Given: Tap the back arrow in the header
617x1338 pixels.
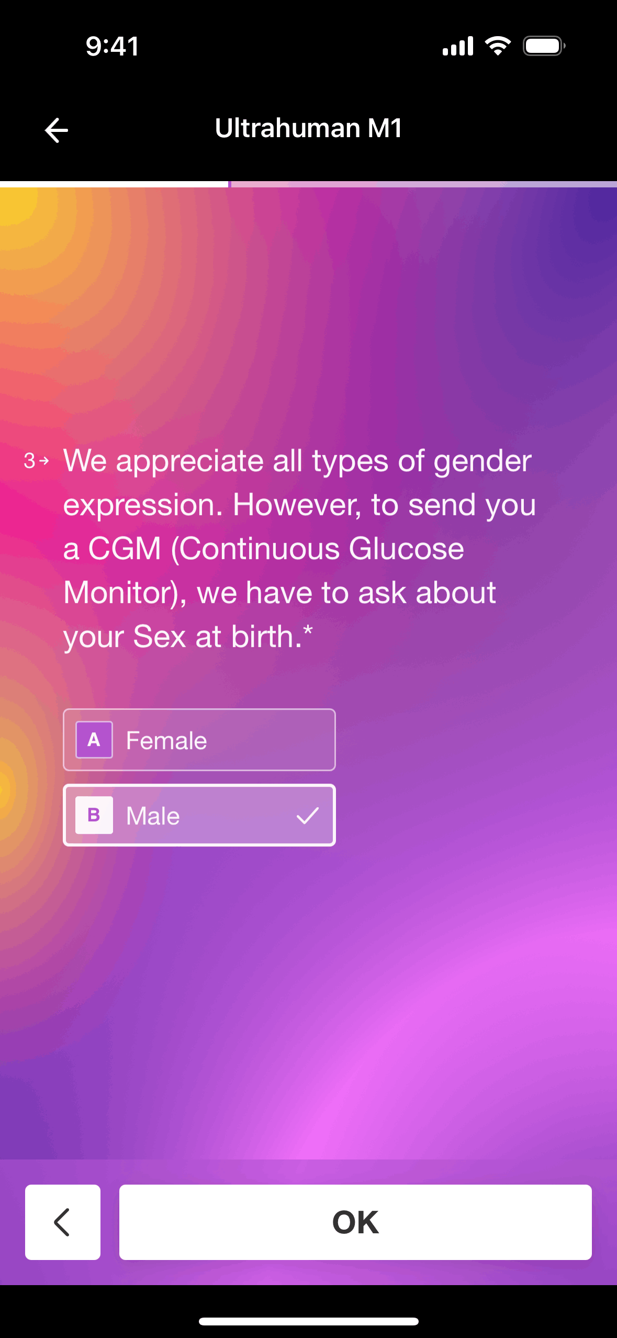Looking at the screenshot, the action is tap(57, 130).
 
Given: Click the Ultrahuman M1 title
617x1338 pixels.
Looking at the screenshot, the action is tap(308, 128).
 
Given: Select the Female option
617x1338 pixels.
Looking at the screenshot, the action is tap(199, 740).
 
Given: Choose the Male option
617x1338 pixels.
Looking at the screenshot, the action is tap(199, 815).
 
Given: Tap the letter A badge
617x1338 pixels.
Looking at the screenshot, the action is tap(94, 740).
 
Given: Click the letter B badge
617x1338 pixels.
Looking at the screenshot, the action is tap(94, 815).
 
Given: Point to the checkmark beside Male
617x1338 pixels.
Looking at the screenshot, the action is tap(308, 815).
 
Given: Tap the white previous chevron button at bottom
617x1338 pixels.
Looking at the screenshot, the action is tap(63, 1222).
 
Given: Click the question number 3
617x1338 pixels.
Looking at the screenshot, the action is tap(29, 461).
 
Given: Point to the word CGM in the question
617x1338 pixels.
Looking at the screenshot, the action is tap(125, 549).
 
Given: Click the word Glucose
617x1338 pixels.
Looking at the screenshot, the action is tap(407, 549).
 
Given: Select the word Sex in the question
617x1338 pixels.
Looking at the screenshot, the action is tap(160, 637).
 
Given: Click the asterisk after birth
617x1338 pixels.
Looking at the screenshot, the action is tap(308, 629).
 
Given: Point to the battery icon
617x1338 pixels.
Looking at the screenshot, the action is tap(544, 46).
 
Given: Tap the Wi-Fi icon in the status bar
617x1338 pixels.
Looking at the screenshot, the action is tap(498, 46).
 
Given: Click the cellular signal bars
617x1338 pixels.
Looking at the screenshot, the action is tap(458, 46).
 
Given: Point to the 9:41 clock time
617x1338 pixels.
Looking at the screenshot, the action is tap(113, 46).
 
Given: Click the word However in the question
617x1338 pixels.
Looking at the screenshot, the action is tap(297, 505).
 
